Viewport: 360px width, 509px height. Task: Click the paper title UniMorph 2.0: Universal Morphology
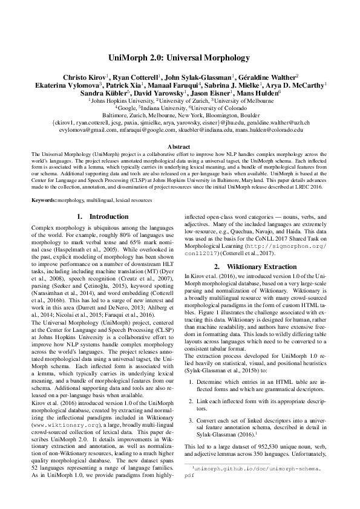pyautogui.click(x=180, y=59)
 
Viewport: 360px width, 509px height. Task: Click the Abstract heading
pyautogui.click(x=180, y=146)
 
